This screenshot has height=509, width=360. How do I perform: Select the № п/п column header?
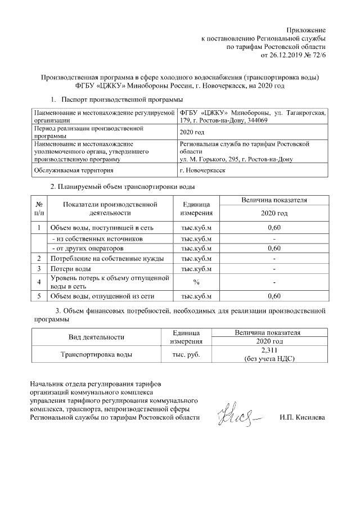coord(38,208)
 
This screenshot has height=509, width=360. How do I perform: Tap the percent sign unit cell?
coord(196,282)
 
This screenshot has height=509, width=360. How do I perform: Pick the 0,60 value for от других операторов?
coord(273,248)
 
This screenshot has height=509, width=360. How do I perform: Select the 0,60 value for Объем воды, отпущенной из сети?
coord(273,296)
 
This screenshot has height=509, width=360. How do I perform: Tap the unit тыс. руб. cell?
coord(186,354)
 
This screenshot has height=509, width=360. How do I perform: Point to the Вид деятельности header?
coord(96,337)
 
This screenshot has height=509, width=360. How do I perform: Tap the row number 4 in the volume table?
coord(38,282)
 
